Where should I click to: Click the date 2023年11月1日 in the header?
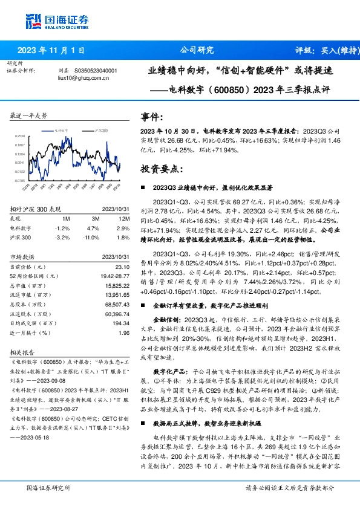click(51, 50)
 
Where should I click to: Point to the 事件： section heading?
click(152, 117)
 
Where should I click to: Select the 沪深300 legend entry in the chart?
click(101, 130)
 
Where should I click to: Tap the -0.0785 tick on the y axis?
click(19, 180)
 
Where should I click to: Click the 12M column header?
click(124, 218)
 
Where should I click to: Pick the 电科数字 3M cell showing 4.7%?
click(93, 228)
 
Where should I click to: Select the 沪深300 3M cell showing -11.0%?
click(91, 237)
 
